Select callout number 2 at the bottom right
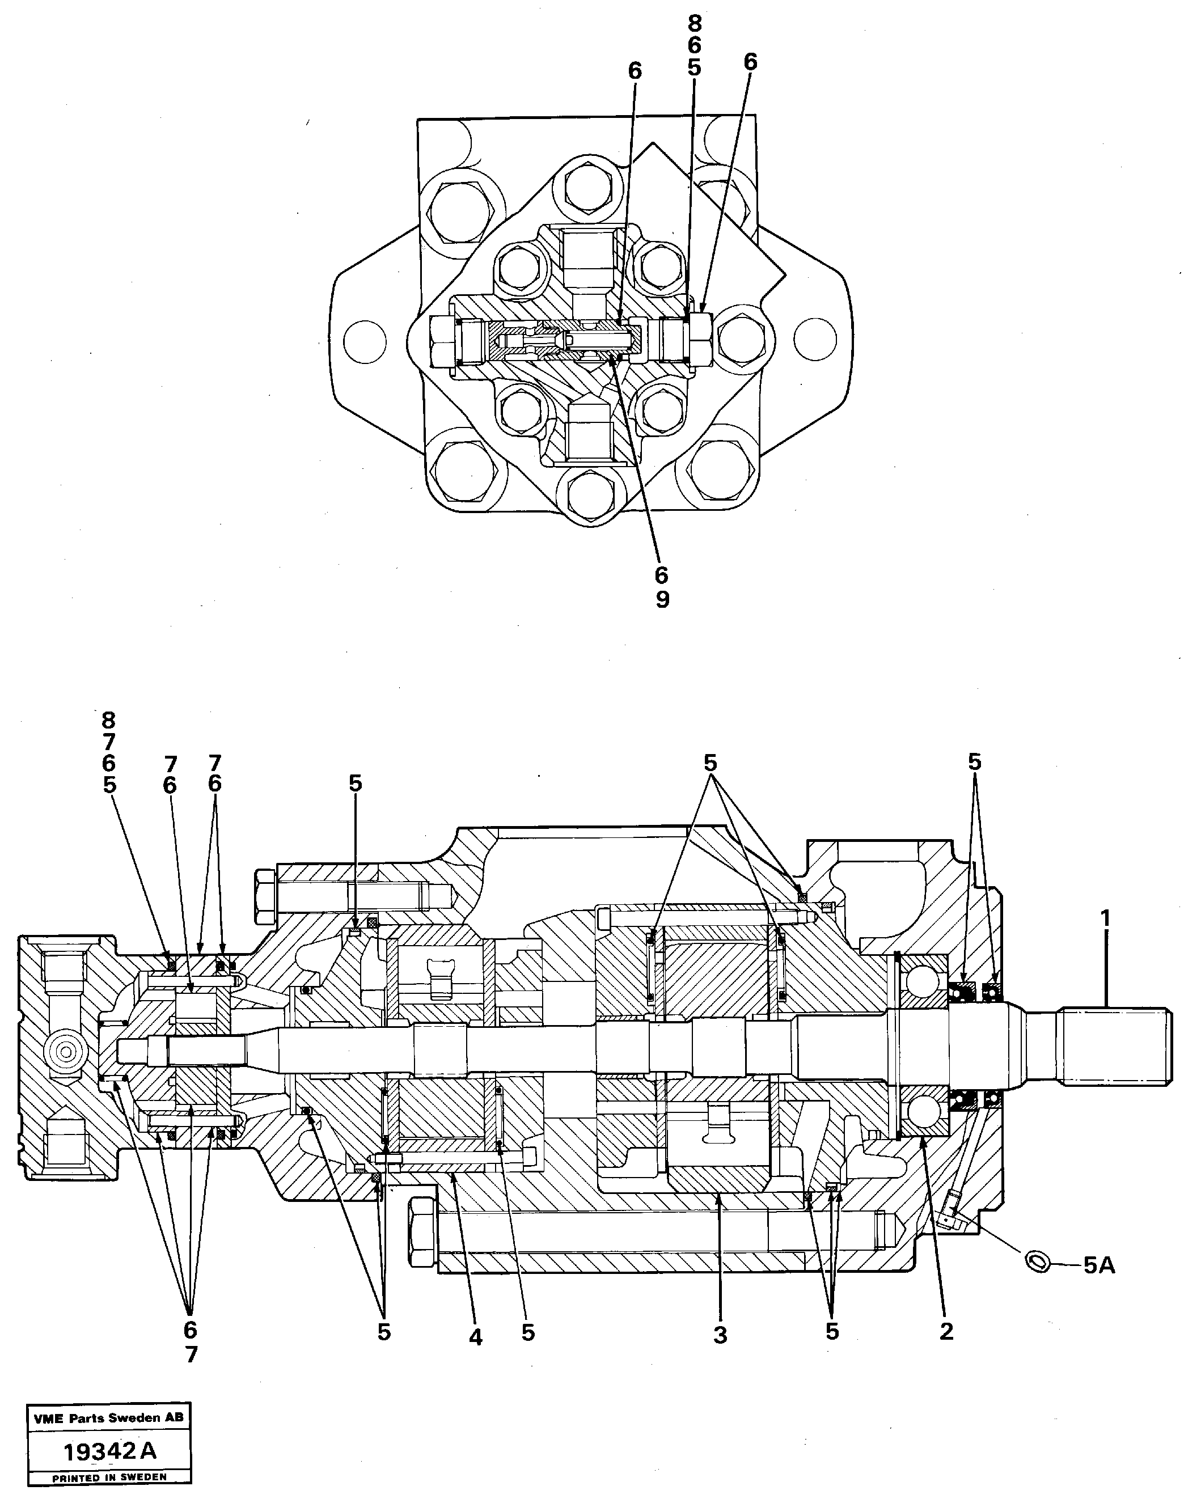[946, 1331]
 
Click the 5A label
[1099, 1266]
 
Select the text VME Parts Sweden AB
[108, 1417]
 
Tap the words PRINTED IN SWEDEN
[109, 1477]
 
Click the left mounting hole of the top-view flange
[365, 342]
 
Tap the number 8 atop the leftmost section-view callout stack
[109, 721]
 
